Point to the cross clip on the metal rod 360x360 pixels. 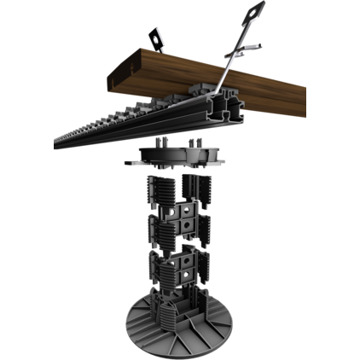(241, 50)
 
